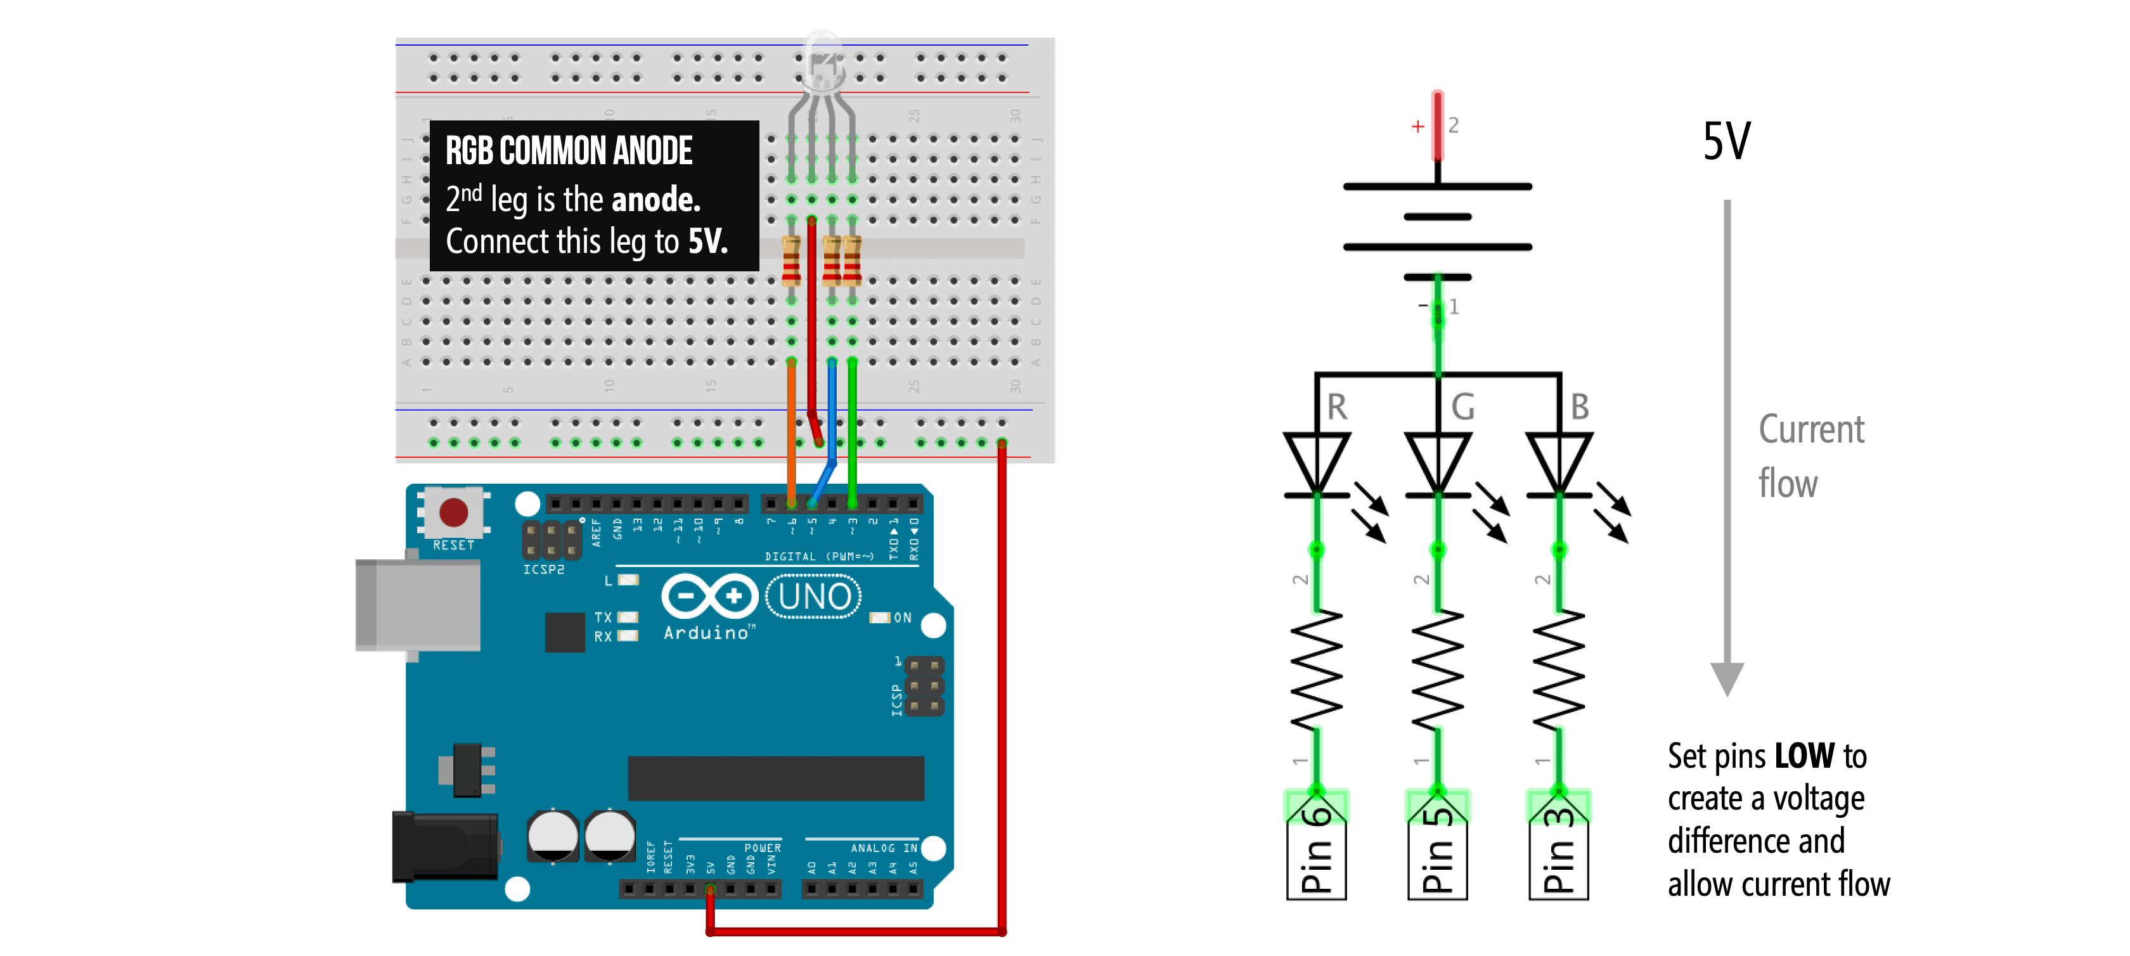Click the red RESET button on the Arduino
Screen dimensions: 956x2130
coord(453,512)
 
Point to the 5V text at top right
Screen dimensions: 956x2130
coord(1726,141)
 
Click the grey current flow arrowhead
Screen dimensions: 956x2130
coord(1726,678)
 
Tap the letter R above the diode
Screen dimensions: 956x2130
coord(1337,407)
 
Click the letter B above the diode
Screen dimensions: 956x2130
coord(1579,407)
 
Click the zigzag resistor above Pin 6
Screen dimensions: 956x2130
coord(1317,670)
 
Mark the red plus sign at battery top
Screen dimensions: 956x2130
coord(1417,127)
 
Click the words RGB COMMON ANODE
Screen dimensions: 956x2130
coord(569,150)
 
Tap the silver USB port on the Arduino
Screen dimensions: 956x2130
coord(418,605)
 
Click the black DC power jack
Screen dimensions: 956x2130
coord(445,847)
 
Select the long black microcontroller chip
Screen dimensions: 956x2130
coord(775,777)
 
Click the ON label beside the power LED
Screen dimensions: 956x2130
coord(902,617)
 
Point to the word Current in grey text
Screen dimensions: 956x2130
coord(1811,429)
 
